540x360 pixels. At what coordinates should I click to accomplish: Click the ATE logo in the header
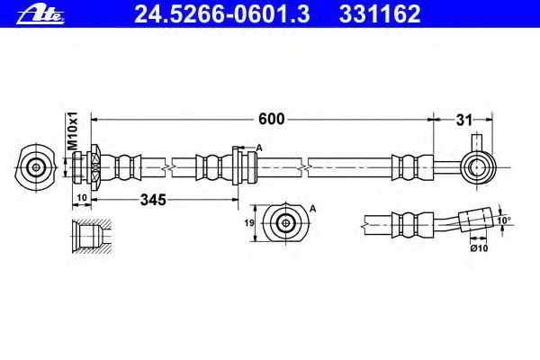[40, 14]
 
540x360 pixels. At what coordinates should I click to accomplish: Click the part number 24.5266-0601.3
[221, 14]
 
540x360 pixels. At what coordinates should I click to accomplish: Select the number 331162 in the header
[380, 14]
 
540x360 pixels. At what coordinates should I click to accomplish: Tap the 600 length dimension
[272, 119]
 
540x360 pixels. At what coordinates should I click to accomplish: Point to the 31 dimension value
[463, 121]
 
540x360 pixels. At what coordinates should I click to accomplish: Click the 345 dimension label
[153, 200]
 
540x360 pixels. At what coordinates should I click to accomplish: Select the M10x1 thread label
[73, 130]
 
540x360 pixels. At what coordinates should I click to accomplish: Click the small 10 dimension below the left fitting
[82, 198]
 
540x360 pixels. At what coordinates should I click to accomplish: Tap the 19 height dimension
[249, 223]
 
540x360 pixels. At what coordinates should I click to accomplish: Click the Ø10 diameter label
[479, 247]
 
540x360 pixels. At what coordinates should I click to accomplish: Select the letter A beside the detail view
[312, 209]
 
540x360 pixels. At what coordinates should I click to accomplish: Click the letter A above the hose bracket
[259, 148]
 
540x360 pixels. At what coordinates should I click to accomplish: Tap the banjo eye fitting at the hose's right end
[479, 167]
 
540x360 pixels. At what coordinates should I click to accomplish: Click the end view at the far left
[35, 168]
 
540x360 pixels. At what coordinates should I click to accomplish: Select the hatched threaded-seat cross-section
[92, 237]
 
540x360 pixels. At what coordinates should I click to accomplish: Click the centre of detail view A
[285, 223]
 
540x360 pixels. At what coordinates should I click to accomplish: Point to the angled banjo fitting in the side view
[476, 219]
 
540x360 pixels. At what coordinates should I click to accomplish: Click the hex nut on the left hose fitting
[95, 167]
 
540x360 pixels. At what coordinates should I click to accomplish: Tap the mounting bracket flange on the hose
[236, 166]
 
